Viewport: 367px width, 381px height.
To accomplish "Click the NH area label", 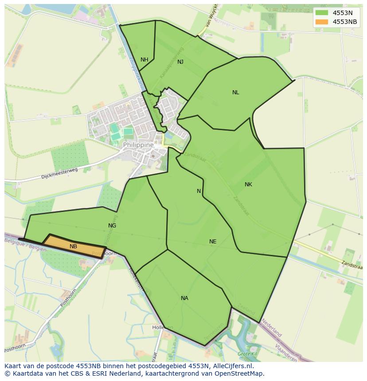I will (x=144, y=60).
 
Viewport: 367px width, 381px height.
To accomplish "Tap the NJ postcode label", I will (x=180, y=62).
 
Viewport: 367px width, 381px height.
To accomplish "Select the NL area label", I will (x=236, y=92).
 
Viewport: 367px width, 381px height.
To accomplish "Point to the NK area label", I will (x=248, y=185).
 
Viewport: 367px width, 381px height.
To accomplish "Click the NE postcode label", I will (x=213, y=242).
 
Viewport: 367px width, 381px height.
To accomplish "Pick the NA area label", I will (x=184, y=298).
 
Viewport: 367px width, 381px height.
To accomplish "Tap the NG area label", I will (x=112, y=226).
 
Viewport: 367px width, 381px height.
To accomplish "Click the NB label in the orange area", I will (x=73, y=246).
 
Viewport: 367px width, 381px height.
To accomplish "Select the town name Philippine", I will (x=138, y=145).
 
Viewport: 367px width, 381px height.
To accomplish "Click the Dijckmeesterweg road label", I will (x=59, y=173).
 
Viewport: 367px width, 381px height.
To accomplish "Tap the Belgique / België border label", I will (x=25, y=244).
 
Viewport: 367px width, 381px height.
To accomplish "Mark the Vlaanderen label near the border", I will (x=285, y=352).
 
